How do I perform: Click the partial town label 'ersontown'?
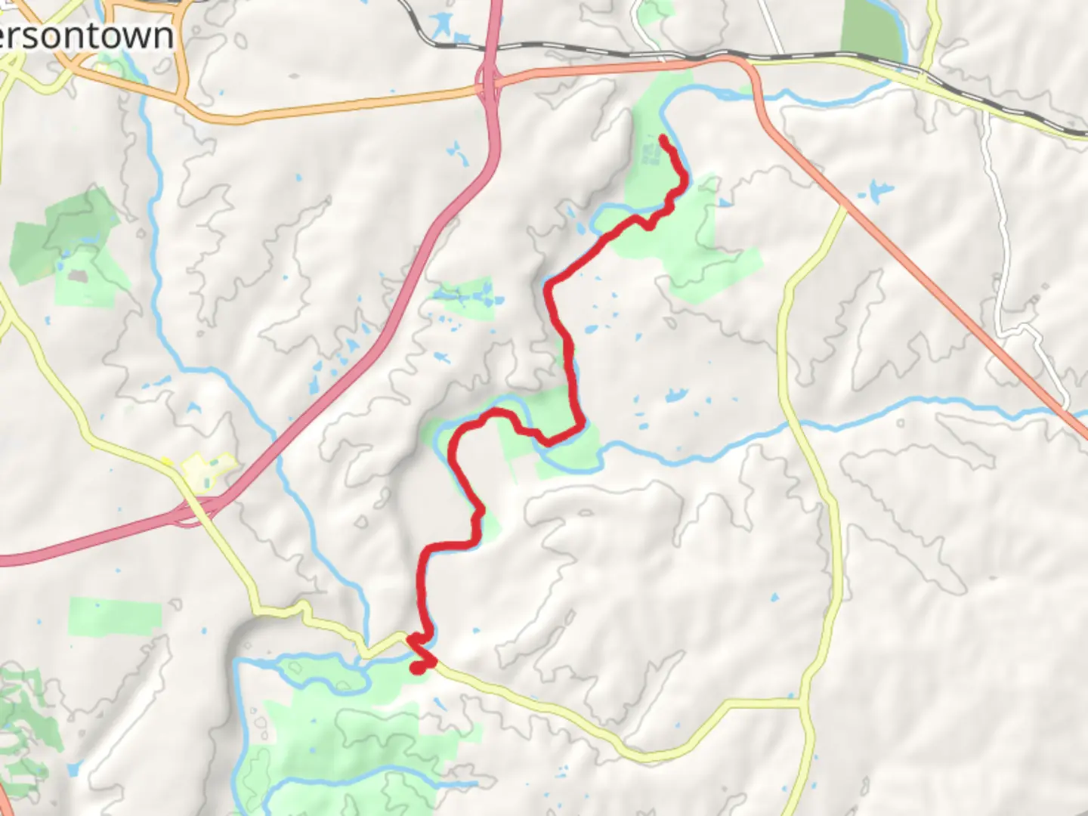pos(87,36)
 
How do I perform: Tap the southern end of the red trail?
pos(416,668)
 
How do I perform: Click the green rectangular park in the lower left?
pos(115,617)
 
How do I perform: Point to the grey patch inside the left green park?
pos(76,277)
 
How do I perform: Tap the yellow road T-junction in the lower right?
pos(801,703)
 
